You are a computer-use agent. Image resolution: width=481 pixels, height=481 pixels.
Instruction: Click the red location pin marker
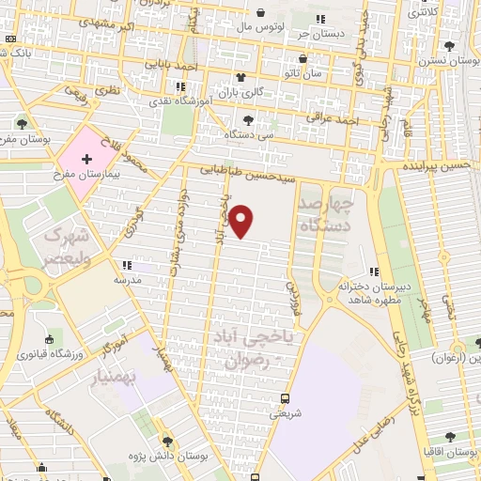(x=242, y=222)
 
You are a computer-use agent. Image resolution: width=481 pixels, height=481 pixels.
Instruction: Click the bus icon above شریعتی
(x=285, y=396)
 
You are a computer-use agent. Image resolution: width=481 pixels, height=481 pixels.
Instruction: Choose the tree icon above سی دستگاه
(x=248, y=119)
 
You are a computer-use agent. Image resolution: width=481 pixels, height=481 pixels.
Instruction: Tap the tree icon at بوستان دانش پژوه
(x=168, y=440)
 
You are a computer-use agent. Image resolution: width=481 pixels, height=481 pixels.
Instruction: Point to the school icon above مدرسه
(x=126, y=266)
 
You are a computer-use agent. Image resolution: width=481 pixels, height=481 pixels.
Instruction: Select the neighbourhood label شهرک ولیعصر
(x=65, y=245)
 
